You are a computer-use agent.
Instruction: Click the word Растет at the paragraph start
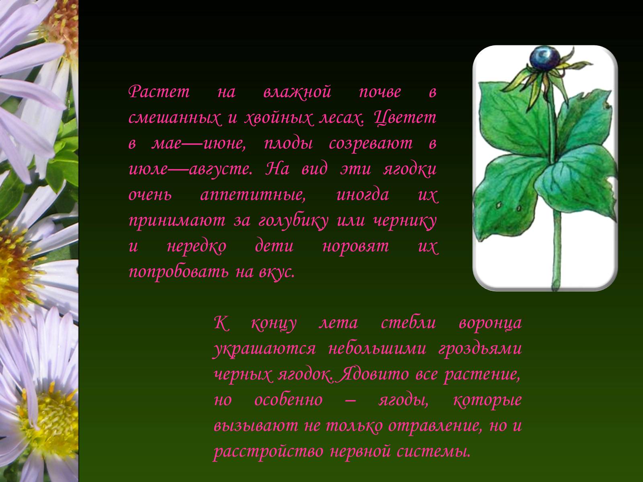point(159,91)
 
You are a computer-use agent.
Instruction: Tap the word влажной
point(297,91)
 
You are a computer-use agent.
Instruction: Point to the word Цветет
point(405,118)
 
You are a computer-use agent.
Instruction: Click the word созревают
point(371,143)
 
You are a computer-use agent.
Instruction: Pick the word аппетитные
point(253,195)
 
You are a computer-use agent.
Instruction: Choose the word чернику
point(405,221)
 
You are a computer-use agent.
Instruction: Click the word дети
point(274,246)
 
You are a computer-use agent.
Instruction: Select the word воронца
point(490,323)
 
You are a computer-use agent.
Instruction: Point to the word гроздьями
point(480,349)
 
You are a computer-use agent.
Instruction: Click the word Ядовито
point(373,374)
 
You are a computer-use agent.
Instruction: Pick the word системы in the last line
point(433,451)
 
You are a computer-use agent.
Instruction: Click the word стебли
point(408,323)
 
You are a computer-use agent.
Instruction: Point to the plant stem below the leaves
point(556,249)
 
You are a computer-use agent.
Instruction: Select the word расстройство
point(268,451)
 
